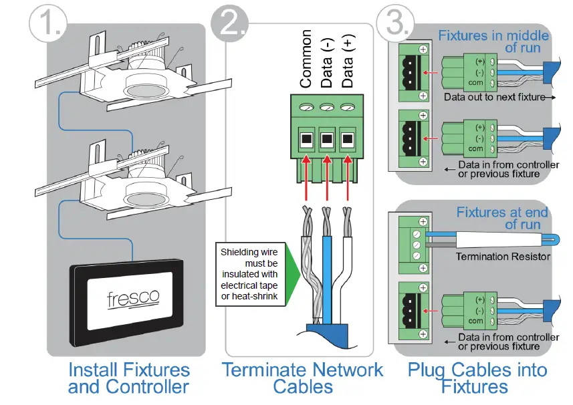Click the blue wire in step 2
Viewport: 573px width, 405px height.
click(328, 267)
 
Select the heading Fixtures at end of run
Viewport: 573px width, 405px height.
click(502, 219)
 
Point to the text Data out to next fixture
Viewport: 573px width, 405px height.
click(494, 97)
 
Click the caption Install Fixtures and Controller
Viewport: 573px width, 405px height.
click(128, 378)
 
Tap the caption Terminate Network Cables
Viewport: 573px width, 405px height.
click(302, 378)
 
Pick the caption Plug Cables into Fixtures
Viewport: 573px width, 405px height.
click(477, 378)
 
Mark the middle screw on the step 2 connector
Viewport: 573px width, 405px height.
click(327, 107)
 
